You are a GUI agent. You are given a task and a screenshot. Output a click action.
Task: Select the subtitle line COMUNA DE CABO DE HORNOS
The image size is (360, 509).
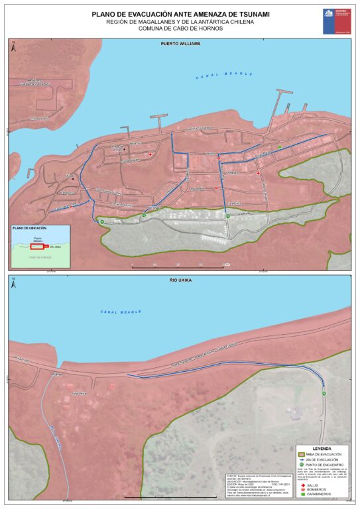(x=180, y=29)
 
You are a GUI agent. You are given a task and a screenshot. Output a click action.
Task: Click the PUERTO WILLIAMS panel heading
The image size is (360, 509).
(x=180, y=43)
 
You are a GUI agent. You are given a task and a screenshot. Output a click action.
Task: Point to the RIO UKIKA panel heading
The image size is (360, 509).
(x=180, y=282)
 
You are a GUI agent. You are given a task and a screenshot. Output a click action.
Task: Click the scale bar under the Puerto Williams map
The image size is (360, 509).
(x=179, y=266)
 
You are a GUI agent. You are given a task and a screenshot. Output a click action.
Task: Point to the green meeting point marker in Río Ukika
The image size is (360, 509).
(x=324, y=394)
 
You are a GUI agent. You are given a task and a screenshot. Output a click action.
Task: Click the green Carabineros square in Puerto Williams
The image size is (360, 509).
(x=280, y=146)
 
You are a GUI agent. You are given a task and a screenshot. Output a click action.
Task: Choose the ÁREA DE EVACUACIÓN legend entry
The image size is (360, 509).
(x=324, y=454)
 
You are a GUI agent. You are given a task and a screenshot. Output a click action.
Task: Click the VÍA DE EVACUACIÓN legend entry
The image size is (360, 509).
(x=324, y=460)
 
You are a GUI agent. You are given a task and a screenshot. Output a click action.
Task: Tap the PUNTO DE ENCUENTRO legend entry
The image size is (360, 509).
(x=324, y=466)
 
